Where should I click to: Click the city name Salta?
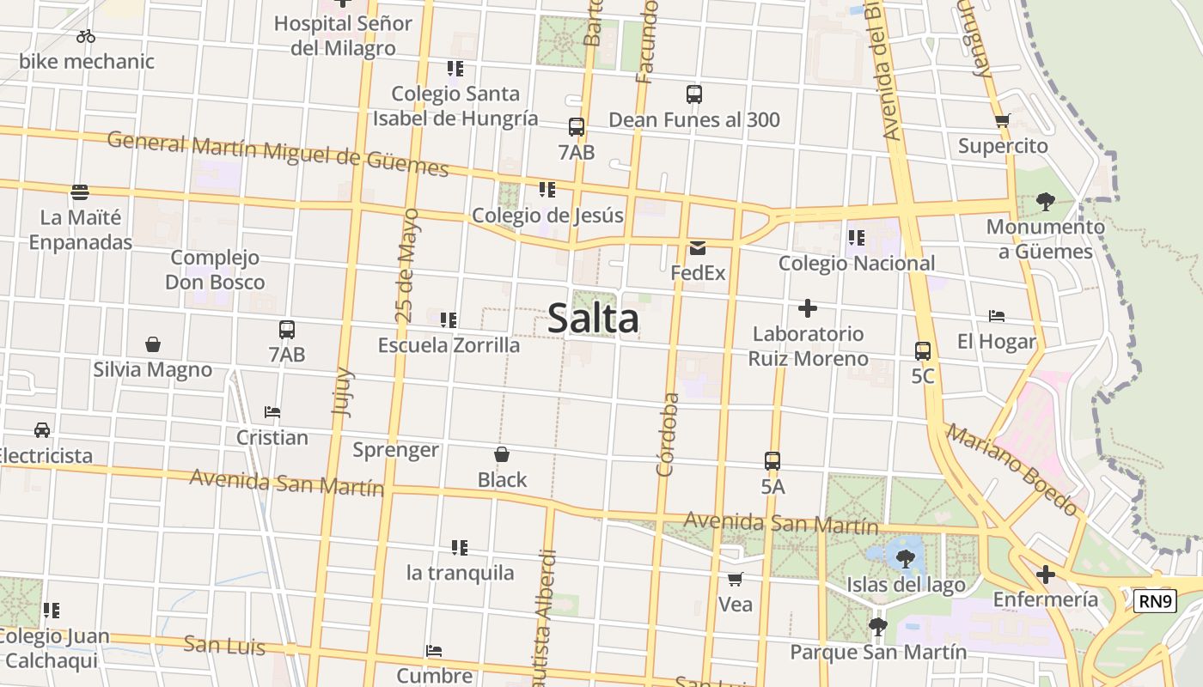click(593, 319)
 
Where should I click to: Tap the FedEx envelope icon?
click(698, 249)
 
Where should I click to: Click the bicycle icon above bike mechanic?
click(85, 36)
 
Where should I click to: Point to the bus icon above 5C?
click(923, 351)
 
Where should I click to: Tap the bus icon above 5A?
click(772, 461)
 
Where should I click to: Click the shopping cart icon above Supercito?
click(1002, 121)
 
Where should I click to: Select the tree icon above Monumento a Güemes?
click(1045, 202)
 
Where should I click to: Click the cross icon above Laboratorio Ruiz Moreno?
click(808, 308)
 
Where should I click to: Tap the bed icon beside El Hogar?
click(997, 316)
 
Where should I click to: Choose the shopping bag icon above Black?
click(502, 454)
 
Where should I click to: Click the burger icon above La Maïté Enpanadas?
click(80, 192)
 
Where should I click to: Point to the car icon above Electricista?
click(41, 430)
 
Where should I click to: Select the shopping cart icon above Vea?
click(735, 580)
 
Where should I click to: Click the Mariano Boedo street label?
click(1012, 471)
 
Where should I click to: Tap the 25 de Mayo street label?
click(408, 265)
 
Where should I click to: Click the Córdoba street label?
click(668, 435)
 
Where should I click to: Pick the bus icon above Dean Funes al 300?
click(694, 94)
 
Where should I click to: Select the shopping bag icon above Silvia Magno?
click(153, 345)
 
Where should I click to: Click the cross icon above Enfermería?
click(1046, 574)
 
